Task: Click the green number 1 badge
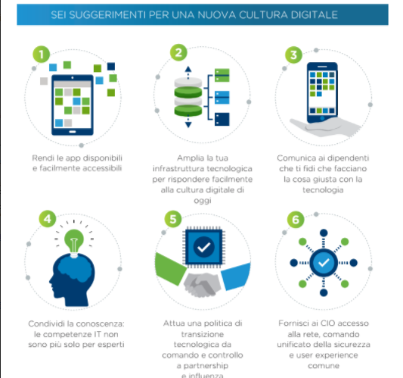point(41,55)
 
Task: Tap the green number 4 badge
point(48,219)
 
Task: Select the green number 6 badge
point(296,220)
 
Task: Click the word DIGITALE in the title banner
point(315,14)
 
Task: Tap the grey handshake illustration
point(203,284)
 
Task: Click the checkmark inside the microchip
point(204,247)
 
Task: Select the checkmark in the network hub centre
point(324,263)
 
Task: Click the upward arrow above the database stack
point(188,73)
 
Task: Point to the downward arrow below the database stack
point(188,121)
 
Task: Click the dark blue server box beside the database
point(222,119)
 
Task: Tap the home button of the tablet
point(73,132)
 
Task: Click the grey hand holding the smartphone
point(324,127)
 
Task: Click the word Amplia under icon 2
point(189,158)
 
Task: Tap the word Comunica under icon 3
point(293,158)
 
